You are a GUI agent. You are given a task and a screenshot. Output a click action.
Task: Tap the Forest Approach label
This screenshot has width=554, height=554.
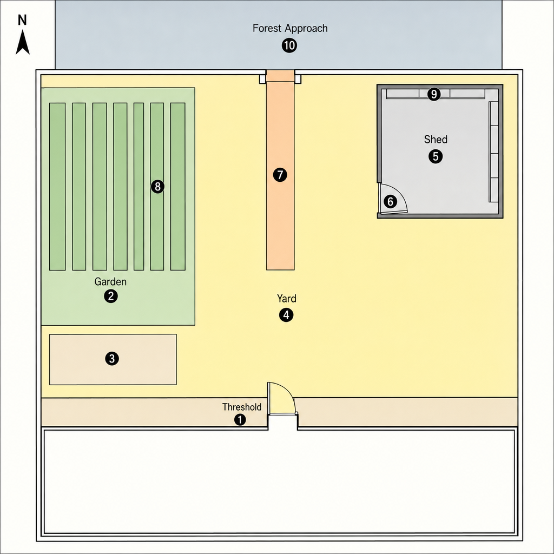pyautogui.click(x=290, y=28)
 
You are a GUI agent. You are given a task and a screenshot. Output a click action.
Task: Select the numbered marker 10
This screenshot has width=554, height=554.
pyautogui.click(x=289, y=45)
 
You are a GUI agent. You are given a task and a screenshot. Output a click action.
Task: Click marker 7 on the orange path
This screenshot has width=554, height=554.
pyautogui.click(x=280, y=175)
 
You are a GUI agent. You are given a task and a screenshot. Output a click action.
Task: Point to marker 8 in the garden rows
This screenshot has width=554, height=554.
pyautogui.click(x=157, y=186)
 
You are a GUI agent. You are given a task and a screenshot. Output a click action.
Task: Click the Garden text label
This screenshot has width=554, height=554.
pyautogui.click(x=110, y=281)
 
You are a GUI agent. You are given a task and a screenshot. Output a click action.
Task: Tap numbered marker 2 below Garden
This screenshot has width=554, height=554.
pyautogui.click(x=111, y=296)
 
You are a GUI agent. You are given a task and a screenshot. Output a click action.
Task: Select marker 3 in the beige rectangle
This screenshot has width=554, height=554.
pyautogui.click(x=112, y=359)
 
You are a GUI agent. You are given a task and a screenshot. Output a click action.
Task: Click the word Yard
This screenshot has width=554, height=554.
pyautogui.click(x=287, y=299)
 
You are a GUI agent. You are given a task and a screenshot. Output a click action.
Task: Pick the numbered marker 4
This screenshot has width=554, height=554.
pyautogui.click(x=286, y=315)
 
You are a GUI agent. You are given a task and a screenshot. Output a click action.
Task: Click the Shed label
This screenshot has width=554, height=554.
pyautogui.click(x=436, y=139)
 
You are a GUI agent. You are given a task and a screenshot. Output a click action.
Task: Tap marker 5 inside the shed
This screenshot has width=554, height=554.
pyautogui.click(x=436, y=156)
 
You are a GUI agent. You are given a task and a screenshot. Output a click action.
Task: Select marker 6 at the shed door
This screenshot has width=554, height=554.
pyautogui.click(x=391, y=201)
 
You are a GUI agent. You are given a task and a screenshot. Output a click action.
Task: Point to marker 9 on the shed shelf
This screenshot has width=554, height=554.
pyautogui.click(x=434, y=94)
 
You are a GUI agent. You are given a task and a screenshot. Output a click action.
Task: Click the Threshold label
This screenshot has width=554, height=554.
pyautogui.click(x=242, y=407)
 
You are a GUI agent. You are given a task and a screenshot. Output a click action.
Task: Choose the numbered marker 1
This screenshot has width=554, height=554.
pyautogui.click(x=240, y=420)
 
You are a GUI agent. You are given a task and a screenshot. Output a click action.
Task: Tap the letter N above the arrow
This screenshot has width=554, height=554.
pyautogui.click(x=22, y=20)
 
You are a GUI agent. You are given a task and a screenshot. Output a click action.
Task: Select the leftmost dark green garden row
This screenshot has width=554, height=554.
pyautogui.click(x=57, y=187)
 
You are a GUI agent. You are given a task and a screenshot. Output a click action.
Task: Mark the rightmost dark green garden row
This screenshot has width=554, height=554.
pyautogui.click(x=177, y=187)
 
